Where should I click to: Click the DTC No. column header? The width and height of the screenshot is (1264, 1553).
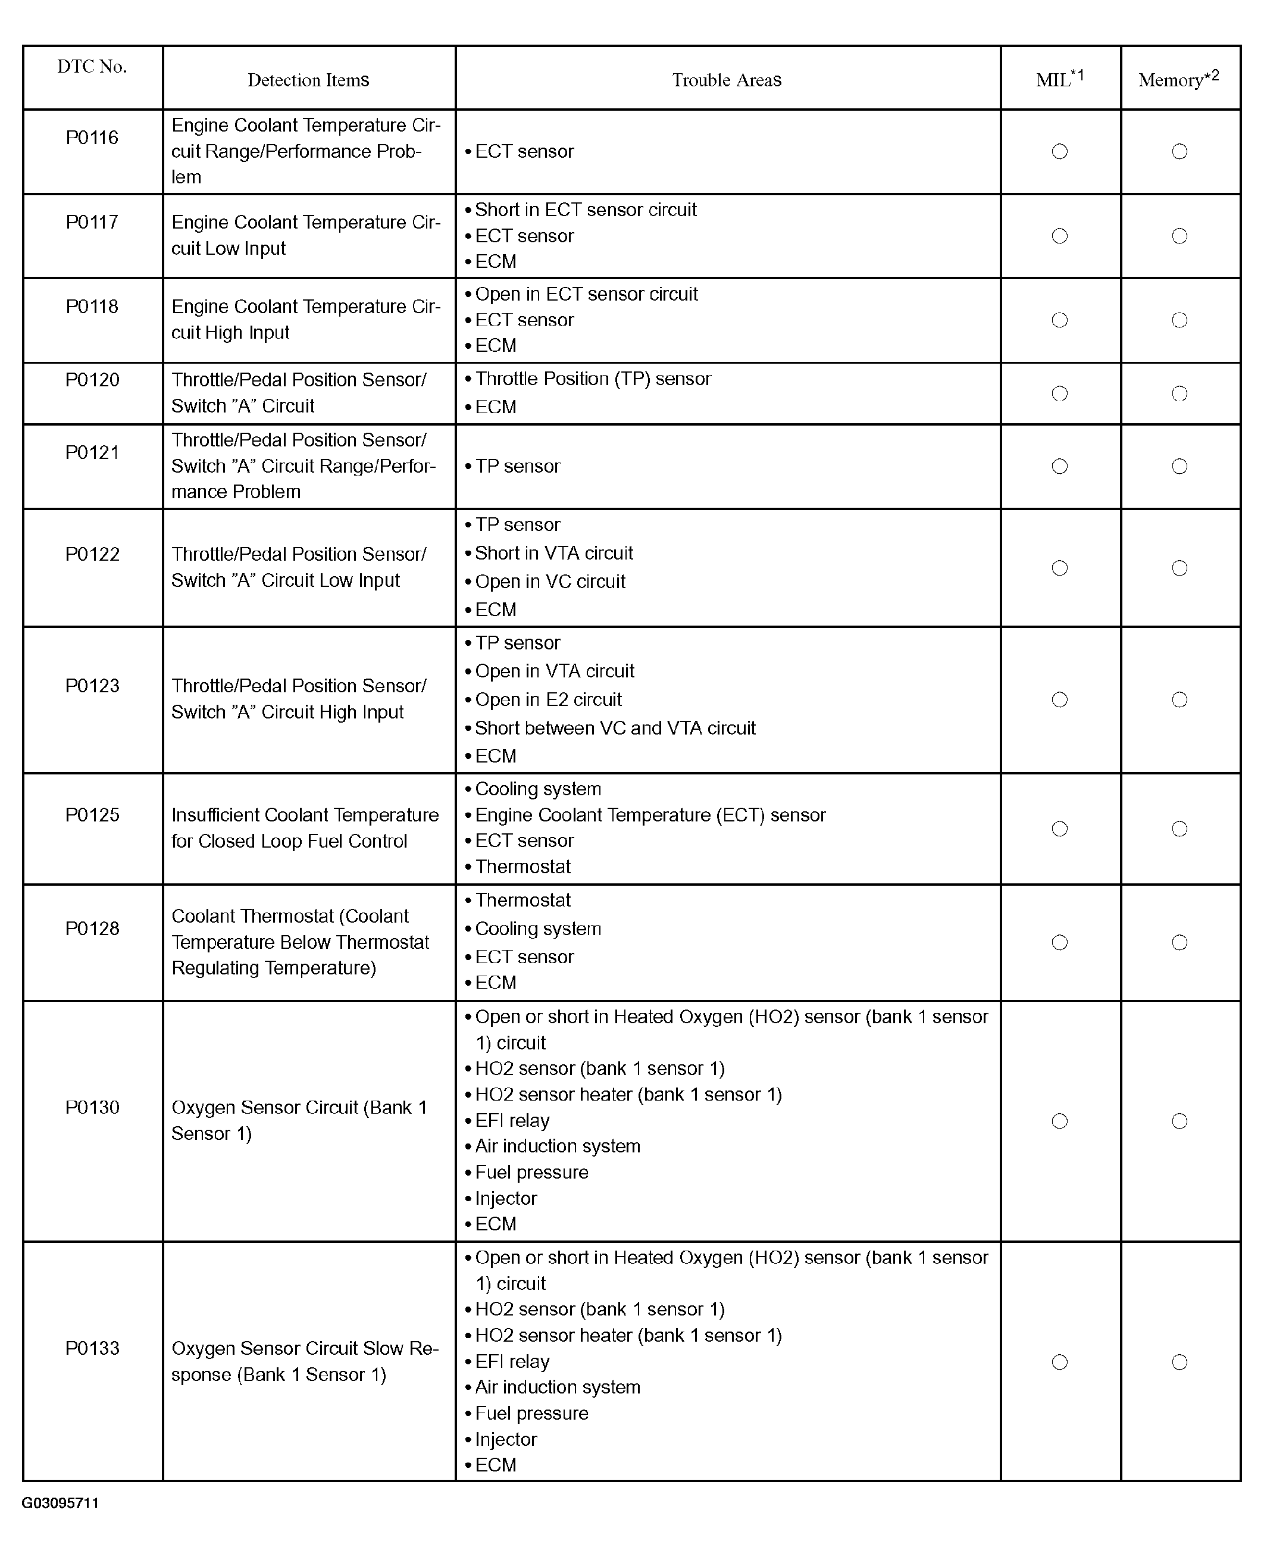pyautogui.click(x=92, y=67)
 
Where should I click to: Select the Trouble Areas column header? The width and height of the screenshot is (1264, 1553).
pyautogui.click(x=727, y=80)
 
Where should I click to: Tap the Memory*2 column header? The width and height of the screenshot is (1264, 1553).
pyautogui.click(x=1178, y=79)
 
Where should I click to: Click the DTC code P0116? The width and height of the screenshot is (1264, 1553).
pyautogui.click(x=92, y=138)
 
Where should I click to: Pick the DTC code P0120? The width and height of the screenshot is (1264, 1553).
pyautogui.click(x=92, y=380)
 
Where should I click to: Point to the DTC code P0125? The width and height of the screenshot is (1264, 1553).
pyautogui.click(x=92, y=815)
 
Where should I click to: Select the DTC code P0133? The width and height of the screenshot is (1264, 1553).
pyautogui.click(x=92, y=1348)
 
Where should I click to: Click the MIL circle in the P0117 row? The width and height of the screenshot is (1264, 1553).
pyautogui.click(x=1059, y=236)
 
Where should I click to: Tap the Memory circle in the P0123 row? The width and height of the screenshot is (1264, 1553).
pyautogui.click(x=1179, y=699)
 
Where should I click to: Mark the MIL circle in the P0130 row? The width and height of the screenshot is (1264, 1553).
pyautogui.click(x=1059, y=1121)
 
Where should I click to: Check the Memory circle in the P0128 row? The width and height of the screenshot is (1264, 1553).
pyautogui.click(x=1179, y=943)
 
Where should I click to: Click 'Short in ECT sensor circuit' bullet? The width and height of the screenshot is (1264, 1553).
pyautogui.click(x=586, y=210)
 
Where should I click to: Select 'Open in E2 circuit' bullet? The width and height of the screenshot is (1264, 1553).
pyautogui.click(x=548, y=699)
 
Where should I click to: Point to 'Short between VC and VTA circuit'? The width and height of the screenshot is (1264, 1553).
pyautogui.click(x=615, y=728)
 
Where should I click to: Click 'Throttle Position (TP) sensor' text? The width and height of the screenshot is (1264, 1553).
pyautogui.click(x=593, y=379)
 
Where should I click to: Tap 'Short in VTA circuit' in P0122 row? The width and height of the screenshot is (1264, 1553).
pyautogui.click(x=553, y=554)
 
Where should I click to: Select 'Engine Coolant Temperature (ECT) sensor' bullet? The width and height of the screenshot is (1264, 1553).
pyautogui.click(x=650, y=815)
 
